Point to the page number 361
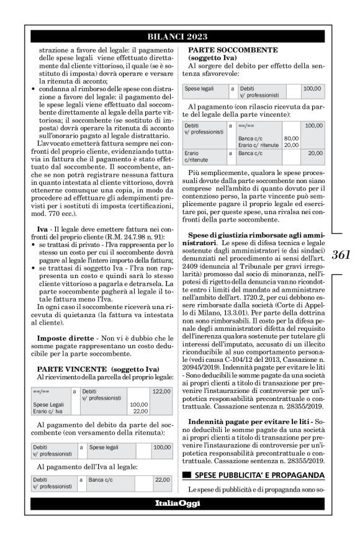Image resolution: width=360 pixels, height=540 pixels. click(341, 254)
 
